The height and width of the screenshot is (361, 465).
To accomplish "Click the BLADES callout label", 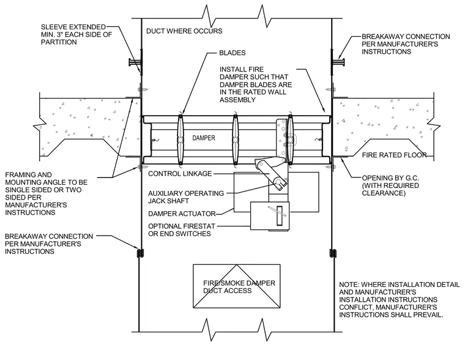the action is (x=232, y=53).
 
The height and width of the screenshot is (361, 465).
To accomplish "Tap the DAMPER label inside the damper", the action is (x=204, y=138).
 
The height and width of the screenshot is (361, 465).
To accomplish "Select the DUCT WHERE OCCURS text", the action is (x=184, y=31).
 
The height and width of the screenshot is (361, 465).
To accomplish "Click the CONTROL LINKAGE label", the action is (x=180, y=174).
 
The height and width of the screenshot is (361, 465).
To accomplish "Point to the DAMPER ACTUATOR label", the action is (x=182, y=214).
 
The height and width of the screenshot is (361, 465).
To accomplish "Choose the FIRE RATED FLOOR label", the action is (x=394, y=155).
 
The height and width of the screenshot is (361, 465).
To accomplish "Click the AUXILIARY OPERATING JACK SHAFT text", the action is (x=186, y=197).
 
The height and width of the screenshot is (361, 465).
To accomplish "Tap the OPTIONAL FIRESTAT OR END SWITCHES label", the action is (x=182, y=230).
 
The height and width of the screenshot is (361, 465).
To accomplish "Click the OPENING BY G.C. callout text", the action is (x=390, y=185).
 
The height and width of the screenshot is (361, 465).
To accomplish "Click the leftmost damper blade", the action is (x=180, y=140).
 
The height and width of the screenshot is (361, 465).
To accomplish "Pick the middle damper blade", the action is (x=235, y=140).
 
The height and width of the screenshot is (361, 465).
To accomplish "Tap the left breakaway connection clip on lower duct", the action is (x=139, y=253).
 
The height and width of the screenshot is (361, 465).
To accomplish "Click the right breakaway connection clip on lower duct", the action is (x=332, y=253).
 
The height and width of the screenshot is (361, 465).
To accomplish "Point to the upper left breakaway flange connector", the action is (x=135, y=62).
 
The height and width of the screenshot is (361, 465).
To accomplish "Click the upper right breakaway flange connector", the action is (x=338, y=62).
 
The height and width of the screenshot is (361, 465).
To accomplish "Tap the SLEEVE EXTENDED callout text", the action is (x=76, y=34).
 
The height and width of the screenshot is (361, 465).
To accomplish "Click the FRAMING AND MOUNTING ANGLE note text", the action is (x=46, y=193).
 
